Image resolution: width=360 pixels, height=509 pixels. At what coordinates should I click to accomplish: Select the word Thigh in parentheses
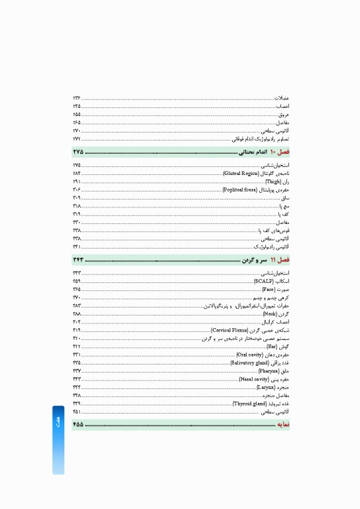click(x=273, y=181)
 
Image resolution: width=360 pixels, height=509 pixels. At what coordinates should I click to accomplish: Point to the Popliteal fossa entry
click(x=240, y=190)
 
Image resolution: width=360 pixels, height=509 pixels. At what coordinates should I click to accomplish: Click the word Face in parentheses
click(x=269, y=290)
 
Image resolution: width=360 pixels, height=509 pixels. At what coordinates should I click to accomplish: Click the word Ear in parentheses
click(x=271, y=346)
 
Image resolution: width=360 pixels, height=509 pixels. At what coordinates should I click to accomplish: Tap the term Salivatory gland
click(x=249, y=363)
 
